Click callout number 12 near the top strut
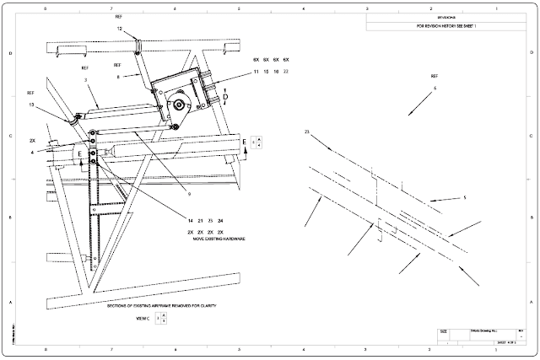pos(119,29)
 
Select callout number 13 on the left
pos(31,105)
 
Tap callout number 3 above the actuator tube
pos(86,79)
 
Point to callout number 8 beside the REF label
pos(118,76)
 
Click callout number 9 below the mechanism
pos(179,193)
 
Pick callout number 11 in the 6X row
pos(256,73)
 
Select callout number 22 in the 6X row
pos(288,73)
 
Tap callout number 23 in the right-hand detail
pos(307,132)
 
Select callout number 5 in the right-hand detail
pos(464,199)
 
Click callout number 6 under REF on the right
pos(435,88)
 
